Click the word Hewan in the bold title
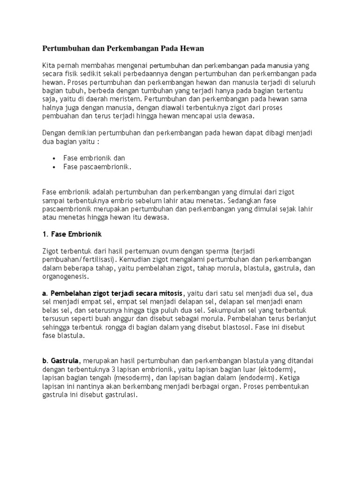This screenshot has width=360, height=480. point(189,48)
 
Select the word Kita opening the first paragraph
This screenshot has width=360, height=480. point(49,65)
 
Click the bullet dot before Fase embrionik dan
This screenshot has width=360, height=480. point(55,158)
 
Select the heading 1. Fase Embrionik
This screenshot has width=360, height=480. point(72,233)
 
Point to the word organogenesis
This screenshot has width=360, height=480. point(67,277)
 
